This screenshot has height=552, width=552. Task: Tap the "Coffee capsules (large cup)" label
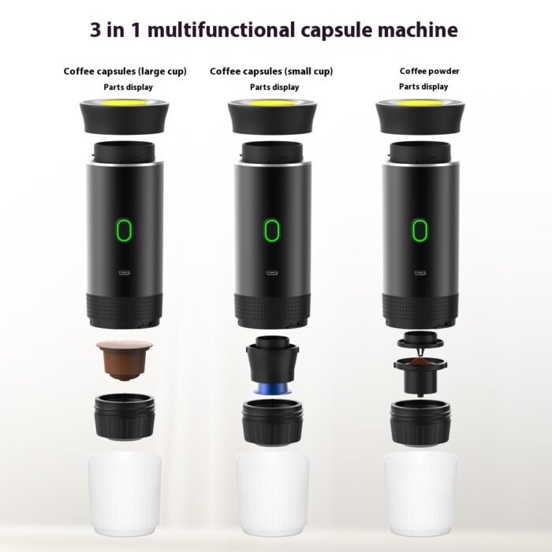[125, 72]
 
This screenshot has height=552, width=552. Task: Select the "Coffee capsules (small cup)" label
[271, 72]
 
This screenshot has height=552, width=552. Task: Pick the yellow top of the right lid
[420, 104]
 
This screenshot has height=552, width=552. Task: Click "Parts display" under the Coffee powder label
[423, 87]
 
